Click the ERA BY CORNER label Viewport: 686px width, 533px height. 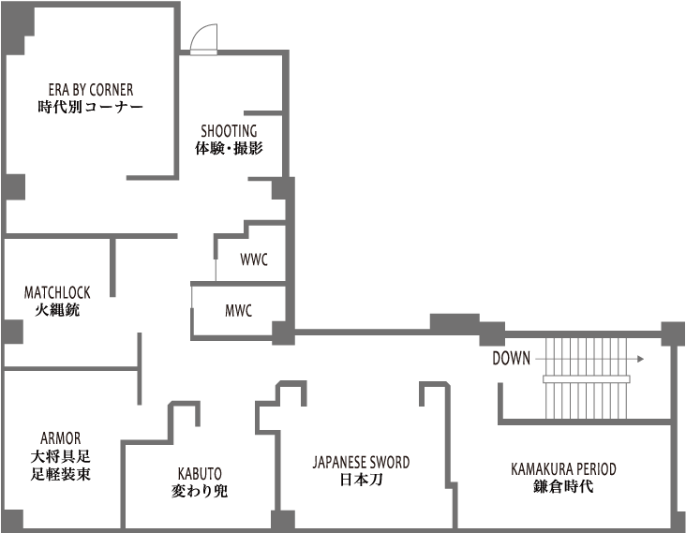click(91, 90)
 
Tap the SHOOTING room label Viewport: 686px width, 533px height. click(229, 131)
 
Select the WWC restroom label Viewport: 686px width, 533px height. click(253, 259)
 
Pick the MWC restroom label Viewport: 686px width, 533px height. click(238, 311)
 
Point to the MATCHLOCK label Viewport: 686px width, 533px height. click(57, 293)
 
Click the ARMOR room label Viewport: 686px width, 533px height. click(61, 438)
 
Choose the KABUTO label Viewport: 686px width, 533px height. click(200, 474)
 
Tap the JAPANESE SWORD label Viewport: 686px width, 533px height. click(361, 463)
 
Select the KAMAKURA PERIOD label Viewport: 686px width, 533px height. click(564, 469)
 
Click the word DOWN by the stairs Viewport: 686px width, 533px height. click(511, 359)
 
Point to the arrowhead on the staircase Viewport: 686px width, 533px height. click(641, 359)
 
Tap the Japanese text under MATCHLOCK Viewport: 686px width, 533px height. click(57, 308)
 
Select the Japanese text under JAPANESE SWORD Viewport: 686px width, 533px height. click(361, 479)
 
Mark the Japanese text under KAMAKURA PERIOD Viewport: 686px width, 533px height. click(564, 485)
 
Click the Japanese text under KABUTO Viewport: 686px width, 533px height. click(200, 490)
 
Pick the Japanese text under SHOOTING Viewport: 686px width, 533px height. click(229, 147)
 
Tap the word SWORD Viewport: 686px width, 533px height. click(388, 463)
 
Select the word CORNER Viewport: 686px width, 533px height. click(111, 90)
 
